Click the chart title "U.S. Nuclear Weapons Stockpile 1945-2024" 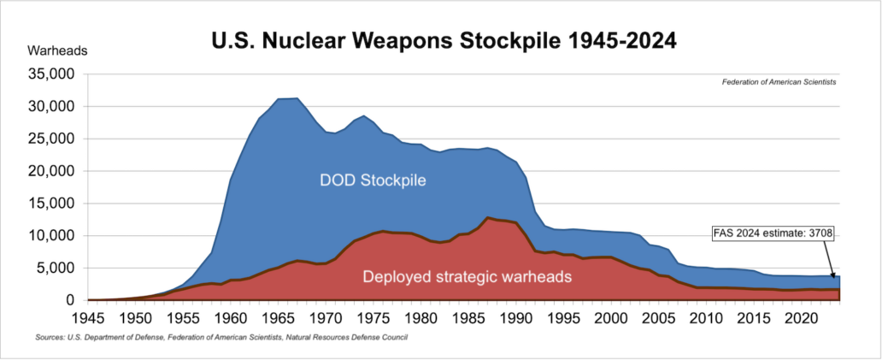(x=444, y=42)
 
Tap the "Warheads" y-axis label (x=57, y=50)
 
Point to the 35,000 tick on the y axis (x=52, y=74)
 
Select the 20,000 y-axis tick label (x=52, y=171)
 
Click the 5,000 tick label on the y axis (x=56, y=269)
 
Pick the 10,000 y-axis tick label (x=52, y=236)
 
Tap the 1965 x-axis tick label (x=278, y=317)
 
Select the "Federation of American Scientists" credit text (x=779, y=82)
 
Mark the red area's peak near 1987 (x=487, y=218)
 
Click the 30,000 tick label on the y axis (x=52, y=107)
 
